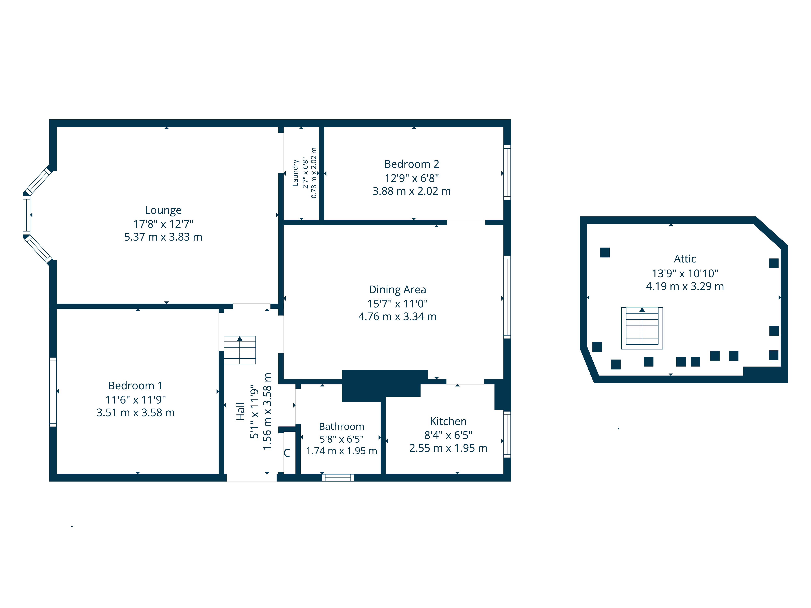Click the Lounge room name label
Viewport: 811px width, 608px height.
coord(163,210)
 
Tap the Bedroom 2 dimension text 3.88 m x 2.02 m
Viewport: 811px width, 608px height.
coord(411,191)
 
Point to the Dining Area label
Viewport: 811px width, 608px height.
coord(397,290)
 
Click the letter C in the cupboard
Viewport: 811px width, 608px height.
coord(287,453)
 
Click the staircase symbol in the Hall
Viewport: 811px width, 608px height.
coord(240,350)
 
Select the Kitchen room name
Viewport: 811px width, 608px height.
coord(448,421)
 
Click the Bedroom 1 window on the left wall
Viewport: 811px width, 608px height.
coord(53,392)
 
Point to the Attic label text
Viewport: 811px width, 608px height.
coord(684,259)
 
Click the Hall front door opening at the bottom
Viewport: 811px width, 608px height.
coord(252,477)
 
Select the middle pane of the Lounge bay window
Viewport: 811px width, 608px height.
coord(26,215)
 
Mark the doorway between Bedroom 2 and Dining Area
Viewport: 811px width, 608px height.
coord(466,223)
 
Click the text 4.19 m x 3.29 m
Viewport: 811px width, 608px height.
coord(684,286)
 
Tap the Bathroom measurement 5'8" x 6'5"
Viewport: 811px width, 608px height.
coord(341,439)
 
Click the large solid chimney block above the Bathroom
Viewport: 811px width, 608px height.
coord(381,385)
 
